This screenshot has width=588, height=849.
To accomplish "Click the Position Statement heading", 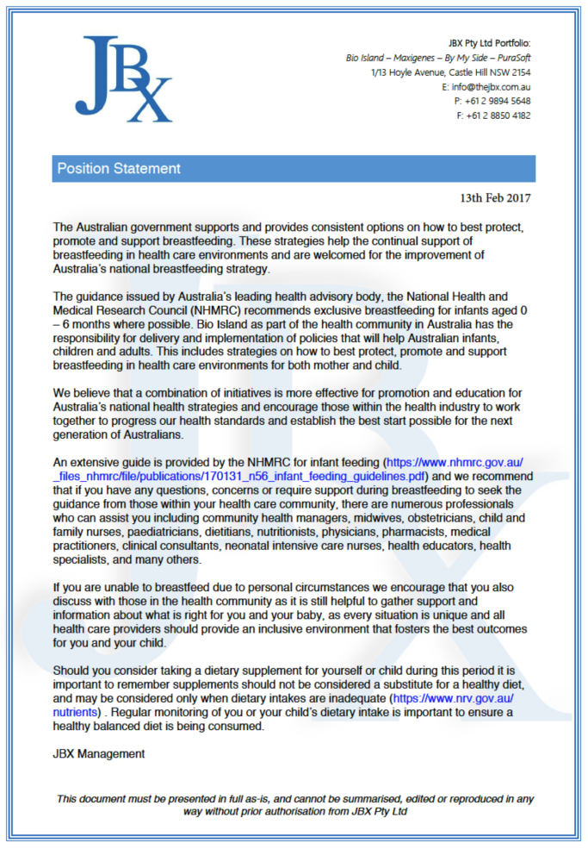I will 119,169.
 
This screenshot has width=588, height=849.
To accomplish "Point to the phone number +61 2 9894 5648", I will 498,101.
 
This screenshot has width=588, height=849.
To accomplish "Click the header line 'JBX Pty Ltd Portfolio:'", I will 489,42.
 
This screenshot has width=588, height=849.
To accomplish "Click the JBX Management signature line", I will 98,754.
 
